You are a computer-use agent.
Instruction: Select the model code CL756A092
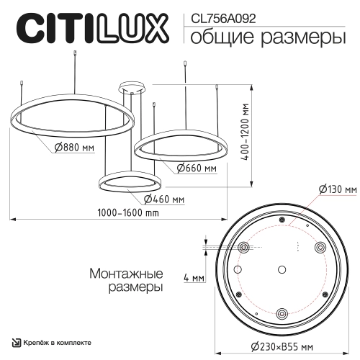(x=220, y=12)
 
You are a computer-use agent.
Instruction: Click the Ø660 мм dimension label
(x=197, y=168)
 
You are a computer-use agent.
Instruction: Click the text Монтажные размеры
(x=126, y=280)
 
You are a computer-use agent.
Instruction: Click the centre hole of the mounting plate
(x=282, y=271)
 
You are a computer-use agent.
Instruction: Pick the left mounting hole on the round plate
(x=243, y=247)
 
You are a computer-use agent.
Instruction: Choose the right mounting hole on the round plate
(x=320, y=247)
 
